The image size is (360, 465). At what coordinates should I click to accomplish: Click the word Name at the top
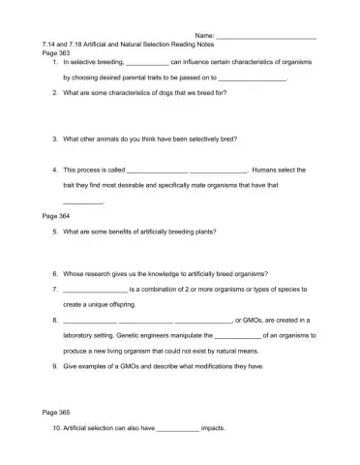(x=204, y=36)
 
